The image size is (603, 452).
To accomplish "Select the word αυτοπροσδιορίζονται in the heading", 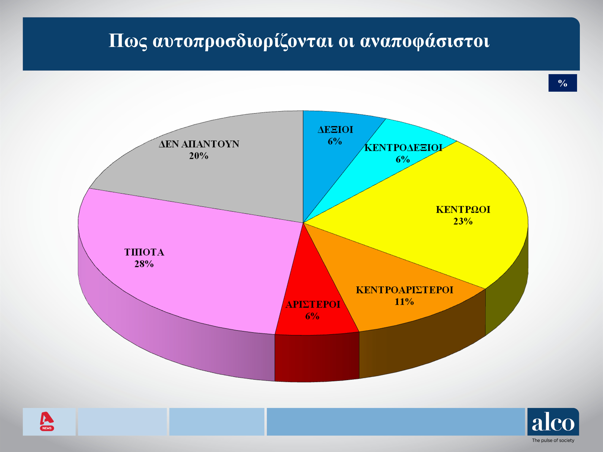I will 243,41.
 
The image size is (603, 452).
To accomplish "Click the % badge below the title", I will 563,83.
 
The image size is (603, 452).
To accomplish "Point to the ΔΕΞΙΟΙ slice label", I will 335,130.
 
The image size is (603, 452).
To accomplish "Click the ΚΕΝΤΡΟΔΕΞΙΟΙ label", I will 403,148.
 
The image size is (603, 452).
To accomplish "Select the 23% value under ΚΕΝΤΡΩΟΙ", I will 463,221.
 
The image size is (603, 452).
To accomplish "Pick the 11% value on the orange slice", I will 404,302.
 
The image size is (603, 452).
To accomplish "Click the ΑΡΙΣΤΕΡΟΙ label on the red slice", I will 313,304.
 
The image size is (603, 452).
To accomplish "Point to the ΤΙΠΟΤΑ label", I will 144,252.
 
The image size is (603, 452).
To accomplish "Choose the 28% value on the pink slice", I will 144,264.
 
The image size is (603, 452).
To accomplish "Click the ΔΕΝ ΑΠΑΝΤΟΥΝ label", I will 199,144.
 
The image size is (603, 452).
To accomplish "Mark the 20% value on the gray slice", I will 199,156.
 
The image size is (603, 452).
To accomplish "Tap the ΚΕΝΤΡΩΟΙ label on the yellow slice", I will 463,209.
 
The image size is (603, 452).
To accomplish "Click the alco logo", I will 553,422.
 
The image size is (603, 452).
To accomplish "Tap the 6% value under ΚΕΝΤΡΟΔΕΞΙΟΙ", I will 403,159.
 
